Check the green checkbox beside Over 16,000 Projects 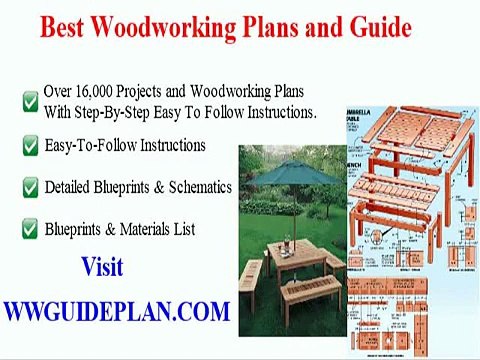point(30,101)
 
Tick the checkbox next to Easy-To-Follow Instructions point(30,147)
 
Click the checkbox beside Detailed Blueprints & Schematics point(30,188)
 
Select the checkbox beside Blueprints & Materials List point(30,230)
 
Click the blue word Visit point(102,268)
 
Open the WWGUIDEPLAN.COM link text point(116,311)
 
